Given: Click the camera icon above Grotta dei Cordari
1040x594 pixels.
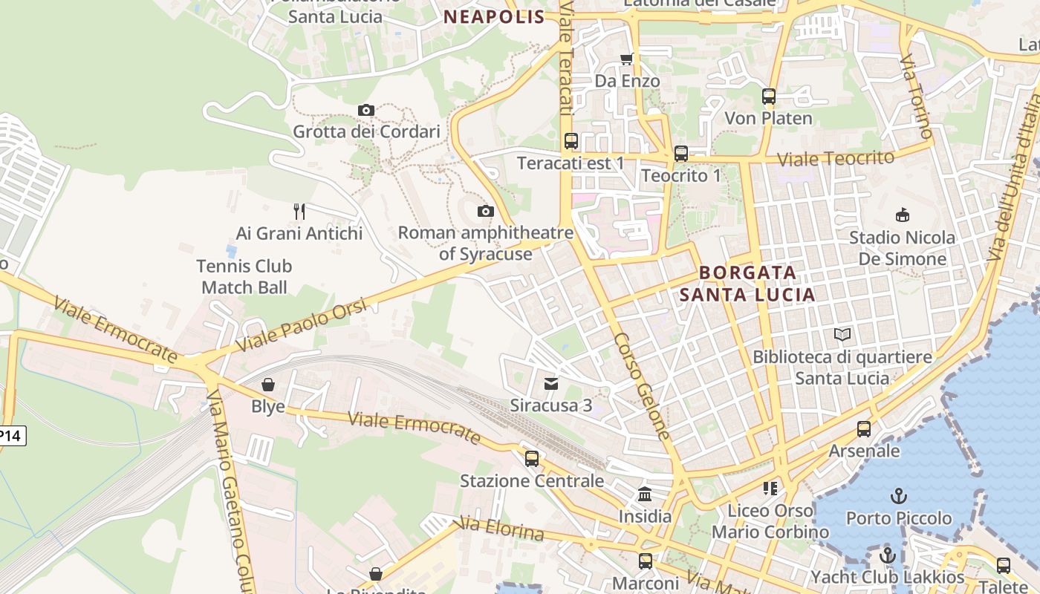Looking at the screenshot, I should (365, 111).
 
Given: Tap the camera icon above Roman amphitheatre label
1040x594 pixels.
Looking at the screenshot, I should (485, 212).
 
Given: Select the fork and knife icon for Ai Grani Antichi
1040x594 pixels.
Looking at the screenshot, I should (299, 212).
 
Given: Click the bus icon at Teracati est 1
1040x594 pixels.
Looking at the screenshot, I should (571, 141).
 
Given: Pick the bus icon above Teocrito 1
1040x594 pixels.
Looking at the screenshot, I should (680, 154).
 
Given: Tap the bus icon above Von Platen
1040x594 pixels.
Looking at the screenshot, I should (768, 97).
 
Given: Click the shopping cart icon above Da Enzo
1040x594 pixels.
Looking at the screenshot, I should (627, 59).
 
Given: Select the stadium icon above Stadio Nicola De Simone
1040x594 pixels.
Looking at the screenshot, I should (903, 215).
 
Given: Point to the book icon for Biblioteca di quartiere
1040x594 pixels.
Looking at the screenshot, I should (842, 335).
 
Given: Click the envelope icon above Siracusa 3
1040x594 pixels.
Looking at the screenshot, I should (550, 384).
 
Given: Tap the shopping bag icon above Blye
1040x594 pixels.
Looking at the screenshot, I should (267, 385).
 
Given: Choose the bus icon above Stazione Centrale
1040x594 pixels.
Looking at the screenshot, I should (531, 459).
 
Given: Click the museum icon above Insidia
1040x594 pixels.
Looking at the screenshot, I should (645, 494).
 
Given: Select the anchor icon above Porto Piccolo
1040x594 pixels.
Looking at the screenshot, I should (899, 496).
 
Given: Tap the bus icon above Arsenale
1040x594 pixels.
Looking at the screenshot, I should (863, 429).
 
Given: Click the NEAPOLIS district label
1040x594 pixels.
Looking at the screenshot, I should (495, 17).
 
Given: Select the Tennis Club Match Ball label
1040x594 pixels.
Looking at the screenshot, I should (244, 276).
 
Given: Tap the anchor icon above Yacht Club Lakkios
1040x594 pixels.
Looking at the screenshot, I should (887, 555).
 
